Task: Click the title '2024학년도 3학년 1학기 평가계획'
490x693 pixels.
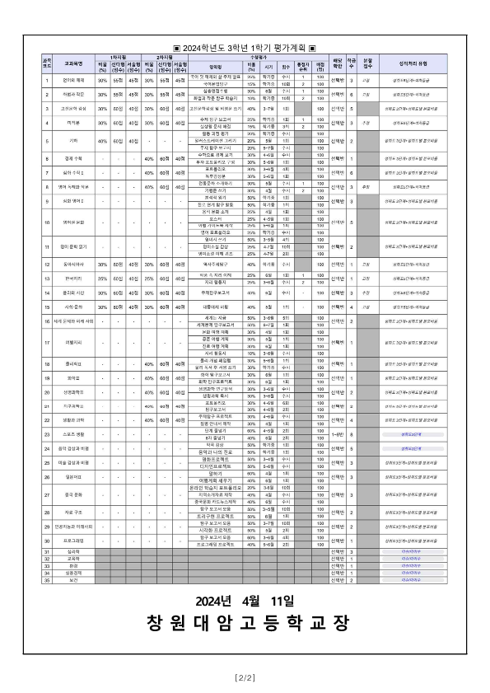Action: pos(245,49)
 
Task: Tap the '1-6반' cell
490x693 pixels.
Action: pos(336,431)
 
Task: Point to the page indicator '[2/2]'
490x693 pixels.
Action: pos(245,677)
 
